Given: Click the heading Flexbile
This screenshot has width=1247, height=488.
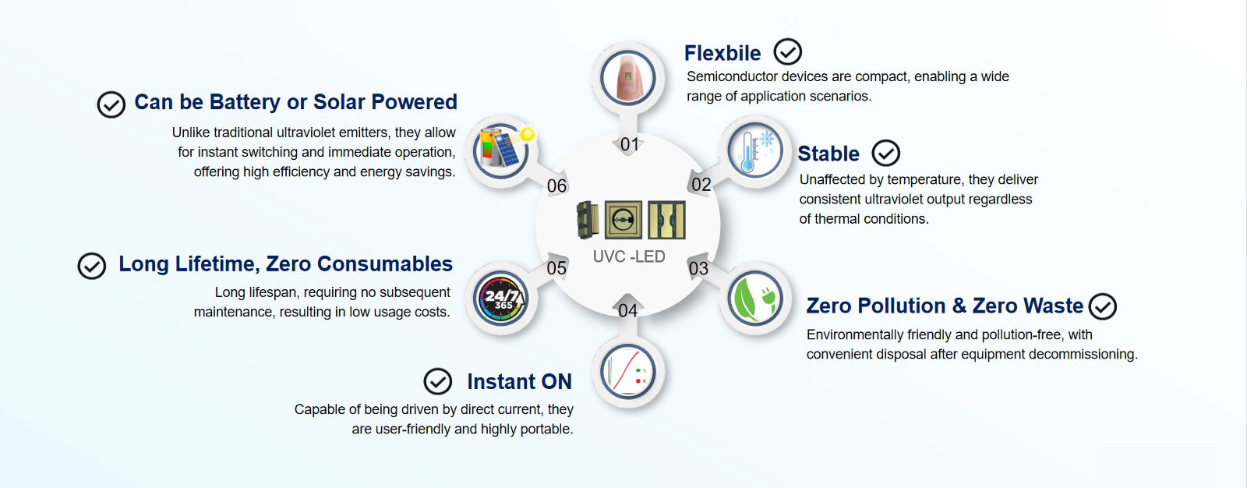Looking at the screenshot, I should [x=722, y=53].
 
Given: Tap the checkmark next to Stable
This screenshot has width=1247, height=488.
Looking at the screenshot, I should [x=885, y=154].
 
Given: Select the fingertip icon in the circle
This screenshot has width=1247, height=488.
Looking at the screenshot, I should [x=628, y=78].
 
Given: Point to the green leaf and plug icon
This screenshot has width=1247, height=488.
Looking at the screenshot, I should [x=754, y=299].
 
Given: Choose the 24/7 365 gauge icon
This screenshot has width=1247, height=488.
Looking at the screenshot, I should [x=501, y=299].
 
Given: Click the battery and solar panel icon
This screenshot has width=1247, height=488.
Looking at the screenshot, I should [x=502, y=149].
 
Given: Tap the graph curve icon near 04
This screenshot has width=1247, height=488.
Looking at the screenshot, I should [x=628, y=371].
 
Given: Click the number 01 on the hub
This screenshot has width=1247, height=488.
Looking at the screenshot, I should [x=630, y=144].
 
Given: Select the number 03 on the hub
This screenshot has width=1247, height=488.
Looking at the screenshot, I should [x=698, y=268].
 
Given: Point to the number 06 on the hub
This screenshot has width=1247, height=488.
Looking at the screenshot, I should [x=556, y=186].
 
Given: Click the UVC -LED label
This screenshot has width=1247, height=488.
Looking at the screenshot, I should [x=629, y=256].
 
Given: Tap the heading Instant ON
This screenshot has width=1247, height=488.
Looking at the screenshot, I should [x=519, y=381].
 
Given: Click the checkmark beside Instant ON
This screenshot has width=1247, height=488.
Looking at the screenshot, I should [x=437, y=381].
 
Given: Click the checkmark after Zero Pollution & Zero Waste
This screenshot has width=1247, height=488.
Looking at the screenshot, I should [x=1102, y=306].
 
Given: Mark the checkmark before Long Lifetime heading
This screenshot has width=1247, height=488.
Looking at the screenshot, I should [x=91, y=266].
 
